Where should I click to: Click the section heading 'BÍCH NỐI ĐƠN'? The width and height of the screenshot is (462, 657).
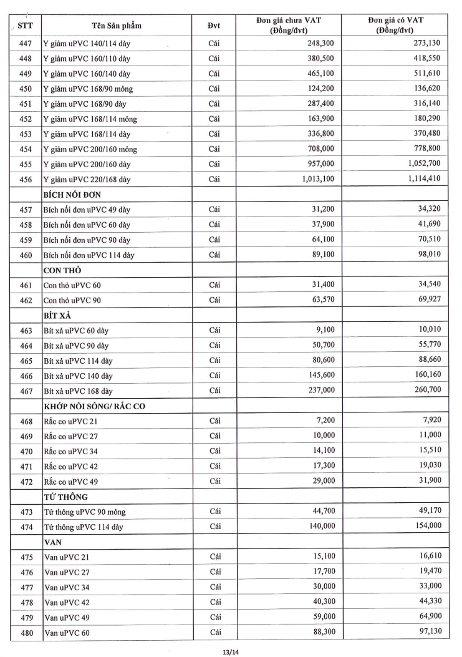pos(71,194)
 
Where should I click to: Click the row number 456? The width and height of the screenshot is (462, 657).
pos(27,180)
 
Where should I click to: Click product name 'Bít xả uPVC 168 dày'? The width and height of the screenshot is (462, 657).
pos(78,391)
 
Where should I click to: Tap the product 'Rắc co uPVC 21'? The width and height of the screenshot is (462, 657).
pos(71,422)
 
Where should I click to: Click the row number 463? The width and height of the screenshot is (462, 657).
pos(27,331)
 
